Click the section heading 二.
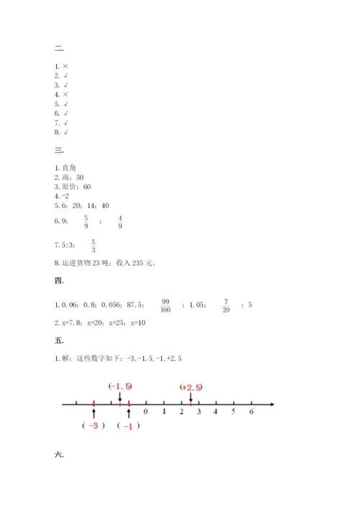tap(58, 48)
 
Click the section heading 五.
tap(58, 339)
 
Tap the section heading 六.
tap(58, 454)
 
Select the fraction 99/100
tap(166, 305)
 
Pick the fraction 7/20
tap(225, 305)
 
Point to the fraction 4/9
tap(120, 222)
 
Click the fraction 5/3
tap(94, 246)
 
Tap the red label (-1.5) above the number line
tap(120, 387)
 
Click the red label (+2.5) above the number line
tap(191, 387)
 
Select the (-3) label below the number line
tap(94, 426)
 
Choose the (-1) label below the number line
tap(128, 426)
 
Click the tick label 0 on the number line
tap(146, 413)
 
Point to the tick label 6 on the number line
tap(251, 413)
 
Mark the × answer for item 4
tap(65, 94)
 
